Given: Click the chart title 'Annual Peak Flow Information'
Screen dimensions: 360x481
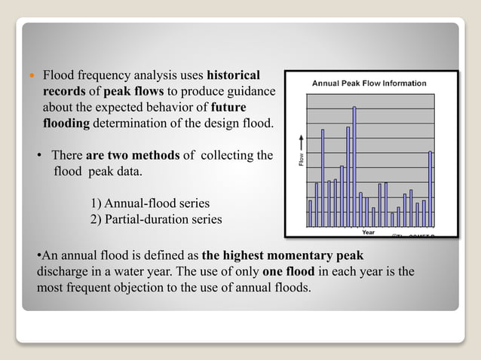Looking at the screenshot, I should [x=369, y=83].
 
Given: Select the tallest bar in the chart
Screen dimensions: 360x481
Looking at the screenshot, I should [x=354, y=166].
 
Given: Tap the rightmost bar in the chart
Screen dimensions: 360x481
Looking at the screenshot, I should [x=430, y=188].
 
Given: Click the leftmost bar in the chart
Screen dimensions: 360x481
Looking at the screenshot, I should [x=310, y=212].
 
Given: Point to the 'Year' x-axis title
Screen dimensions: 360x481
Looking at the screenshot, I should [x=369, y=232].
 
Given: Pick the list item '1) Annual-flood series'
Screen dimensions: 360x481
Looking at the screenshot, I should [x=149, y=204].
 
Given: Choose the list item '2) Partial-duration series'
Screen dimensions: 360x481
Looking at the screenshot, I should [x=156, y=219].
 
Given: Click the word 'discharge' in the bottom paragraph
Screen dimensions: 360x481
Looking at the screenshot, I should [x=63, y=271].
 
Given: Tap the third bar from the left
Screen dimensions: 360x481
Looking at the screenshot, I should [x=323, y=178].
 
